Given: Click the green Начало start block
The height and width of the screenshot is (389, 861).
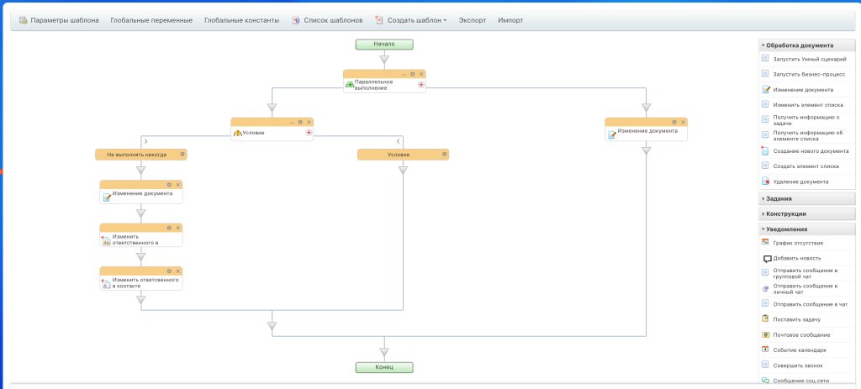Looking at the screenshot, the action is [x=383, y=45].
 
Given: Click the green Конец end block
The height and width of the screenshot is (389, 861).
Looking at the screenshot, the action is [x=383, y=368].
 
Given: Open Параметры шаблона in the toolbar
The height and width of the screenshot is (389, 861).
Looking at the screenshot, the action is [x=60, y=20].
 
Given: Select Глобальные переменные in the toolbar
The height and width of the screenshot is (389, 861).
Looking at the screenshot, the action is [x=151, y=20].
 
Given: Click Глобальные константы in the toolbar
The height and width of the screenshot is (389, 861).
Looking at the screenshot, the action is [x=241, y=20].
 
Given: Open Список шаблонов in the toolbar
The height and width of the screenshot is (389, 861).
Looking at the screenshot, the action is [x=327, y=20].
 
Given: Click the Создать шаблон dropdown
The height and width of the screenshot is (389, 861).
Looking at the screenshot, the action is [x=411, y=20].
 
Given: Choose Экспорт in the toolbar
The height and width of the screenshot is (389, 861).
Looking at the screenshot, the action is [x=473, y=20].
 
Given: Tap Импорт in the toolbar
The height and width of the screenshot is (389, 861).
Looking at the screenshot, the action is [x=510, y=20].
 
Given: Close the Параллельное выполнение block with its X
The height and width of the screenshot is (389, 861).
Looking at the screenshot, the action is [x=421, y=74].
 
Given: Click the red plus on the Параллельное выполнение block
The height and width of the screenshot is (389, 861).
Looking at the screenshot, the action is [x=421, y=85].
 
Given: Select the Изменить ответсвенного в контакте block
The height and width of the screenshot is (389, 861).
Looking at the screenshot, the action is [x=141, y=278].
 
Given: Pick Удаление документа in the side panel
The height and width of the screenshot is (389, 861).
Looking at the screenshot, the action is [x=800, y=181].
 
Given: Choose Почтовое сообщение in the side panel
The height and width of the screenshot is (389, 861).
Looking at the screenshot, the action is [x=801, y=334].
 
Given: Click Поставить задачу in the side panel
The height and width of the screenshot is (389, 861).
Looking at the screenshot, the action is [x=797, y=319].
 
